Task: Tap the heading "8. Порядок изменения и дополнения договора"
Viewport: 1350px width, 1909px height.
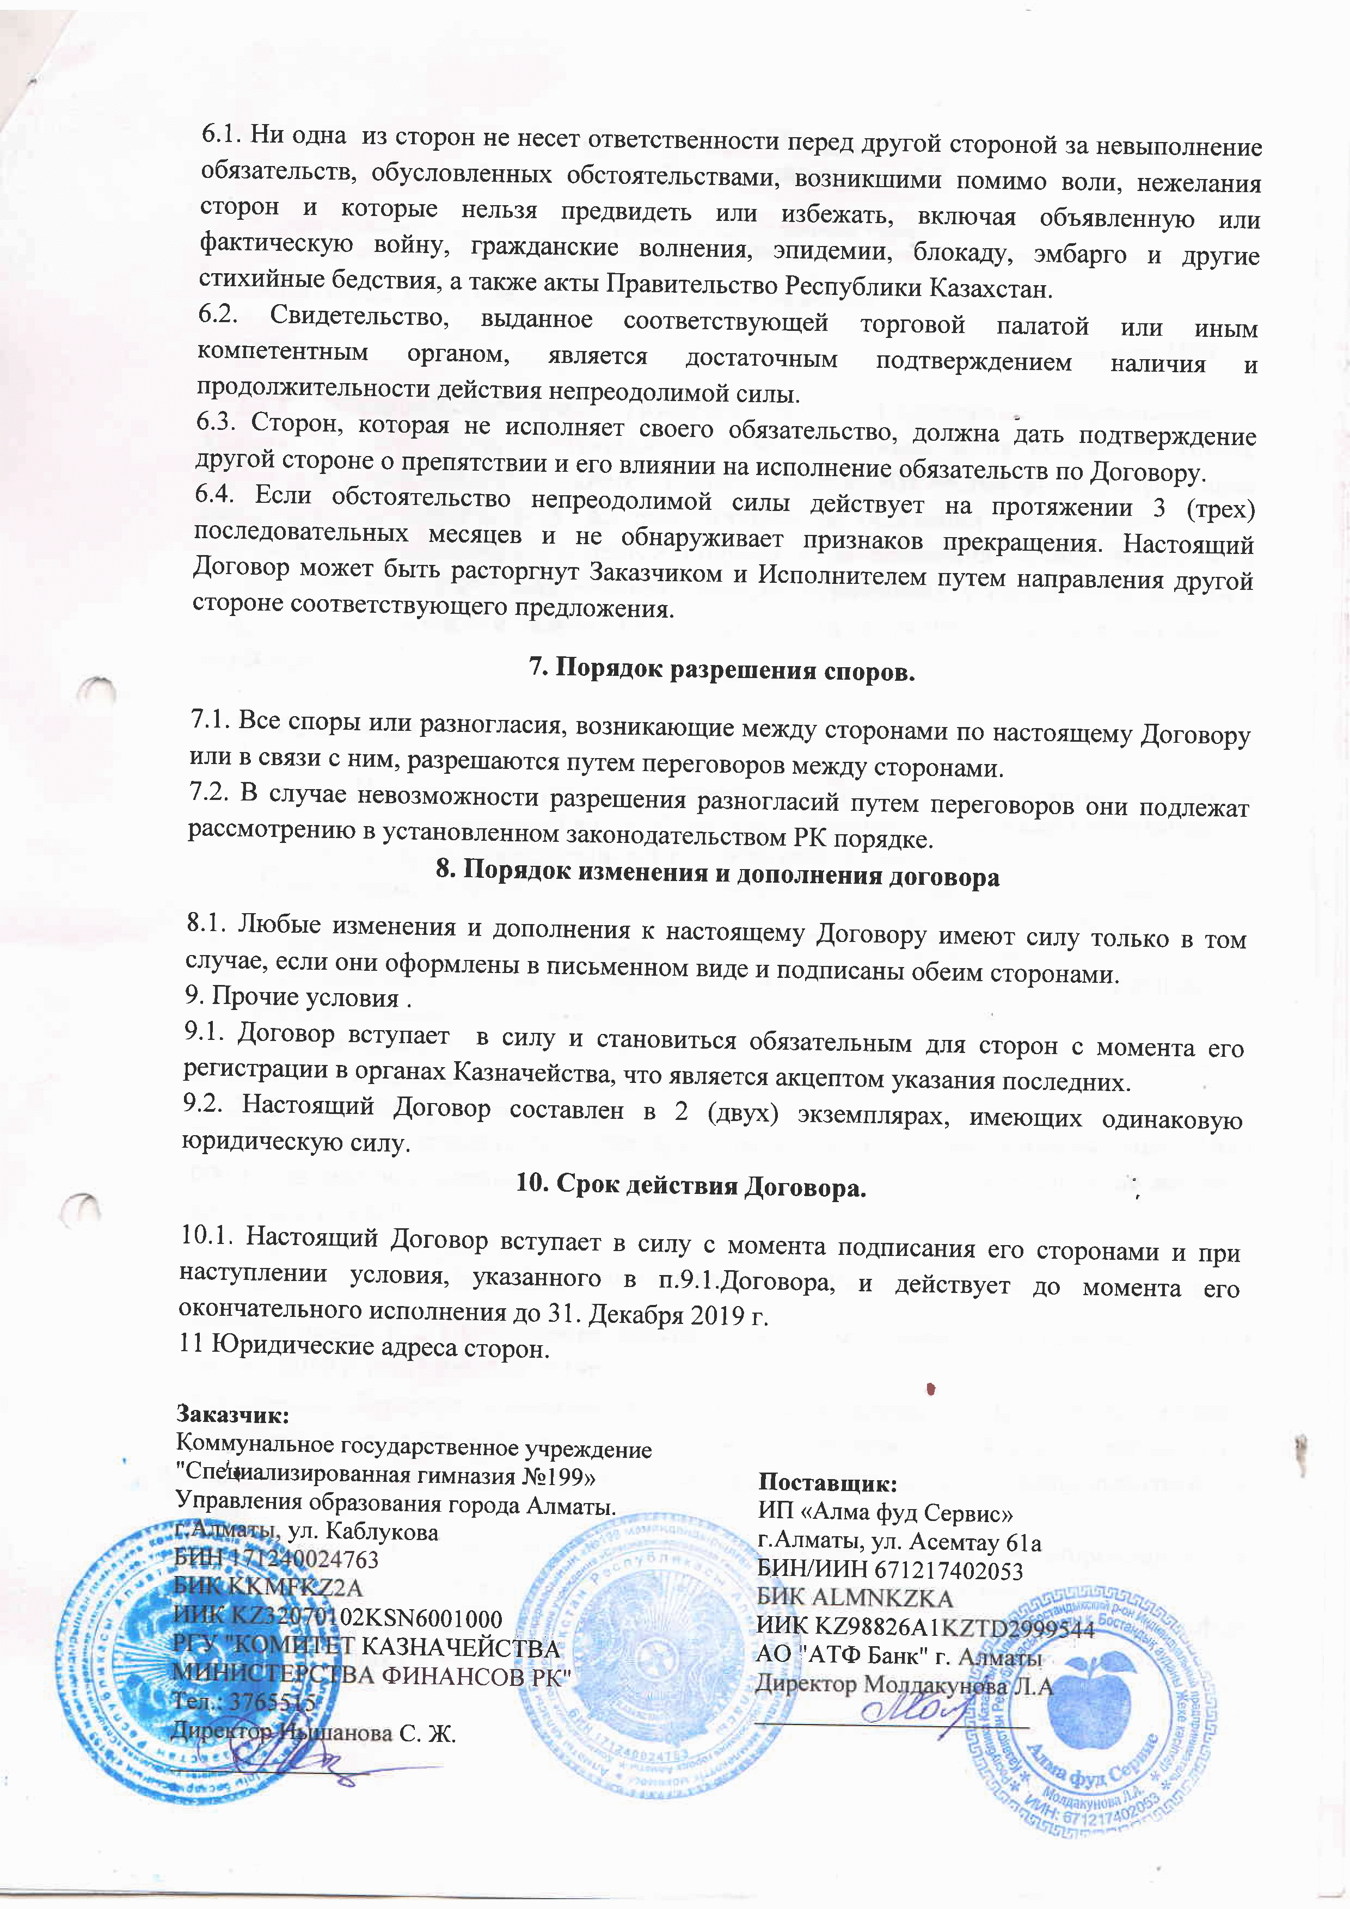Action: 717,876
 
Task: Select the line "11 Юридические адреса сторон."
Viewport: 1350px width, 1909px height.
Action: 364,1346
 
